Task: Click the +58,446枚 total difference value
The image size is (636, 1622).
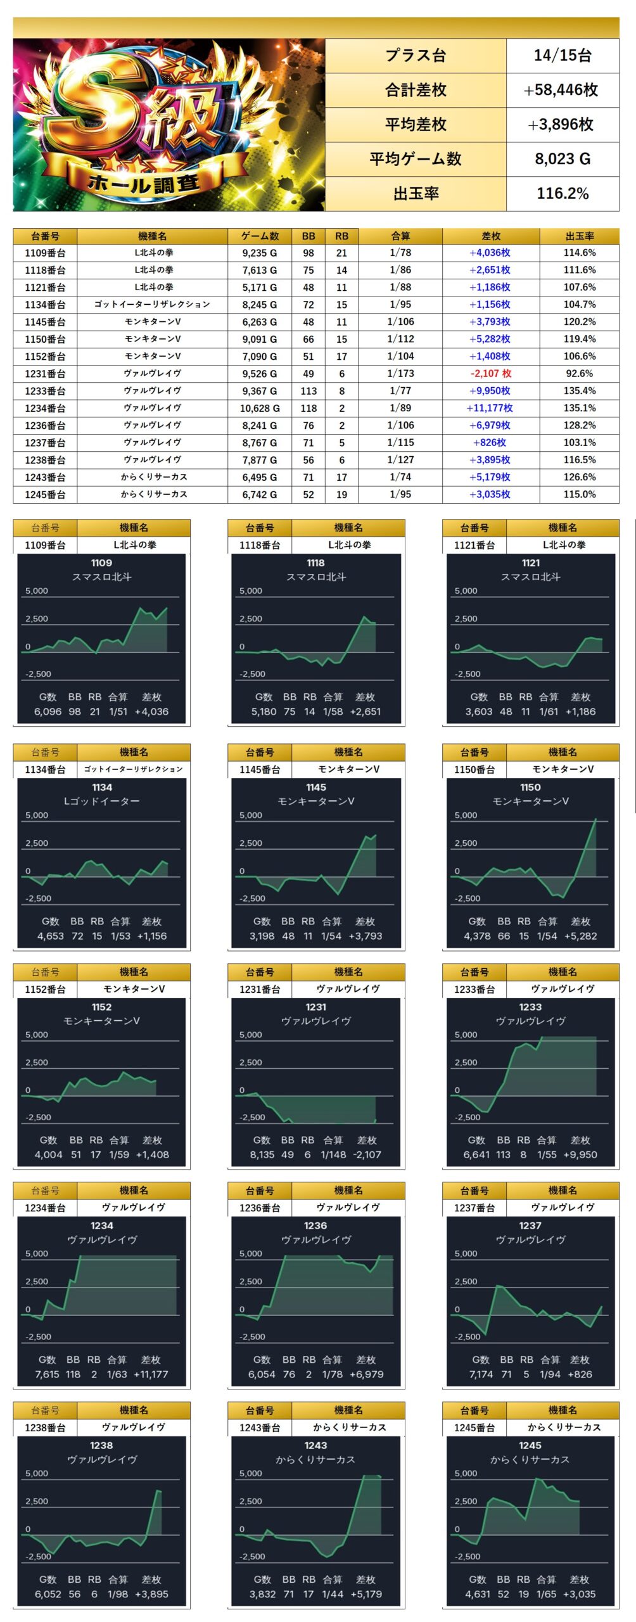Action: (561, 90)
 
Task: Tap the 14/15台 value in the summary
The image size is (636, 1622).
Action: (562, 56)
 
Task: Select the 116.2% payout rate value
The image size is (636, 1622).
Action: (562, 193)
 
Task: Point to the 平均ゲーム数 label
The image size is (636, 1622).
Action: (416, 159)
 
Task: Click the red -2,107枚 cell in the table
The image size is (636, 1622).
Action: (490, 374)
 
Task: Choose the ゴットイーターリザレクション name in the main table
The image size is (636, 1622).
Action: (152, 305)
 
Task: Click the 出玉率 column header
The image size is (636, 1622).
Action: (579, 236)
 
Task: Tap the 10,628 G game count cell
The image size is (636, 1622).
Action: (260, 408)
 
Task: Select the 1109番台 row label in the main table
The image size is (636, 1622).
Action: (45, 253)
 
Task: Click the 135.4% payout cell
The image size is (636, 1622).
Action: (579, 391)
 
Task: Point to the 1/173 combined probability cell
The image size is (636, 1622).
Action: (400, 374)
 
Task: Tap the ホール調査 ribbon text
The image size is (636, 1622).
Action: (144, 183)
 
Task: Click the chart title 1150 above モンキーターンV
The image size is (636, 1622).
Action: (530, 788)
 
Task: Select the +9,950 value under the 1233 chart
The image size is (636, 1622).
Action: (580, 1154)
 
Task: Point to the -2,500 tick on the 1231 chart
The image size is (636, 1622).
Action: (252, 1117)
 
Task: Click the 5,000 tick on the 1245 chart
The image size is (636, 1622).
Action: (466, 1473)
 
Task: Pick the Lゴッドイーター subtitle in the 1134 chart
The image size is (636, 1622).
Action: (101, 801)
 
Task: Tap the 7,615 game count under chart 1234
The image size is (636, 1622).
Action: (48, 1374)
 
